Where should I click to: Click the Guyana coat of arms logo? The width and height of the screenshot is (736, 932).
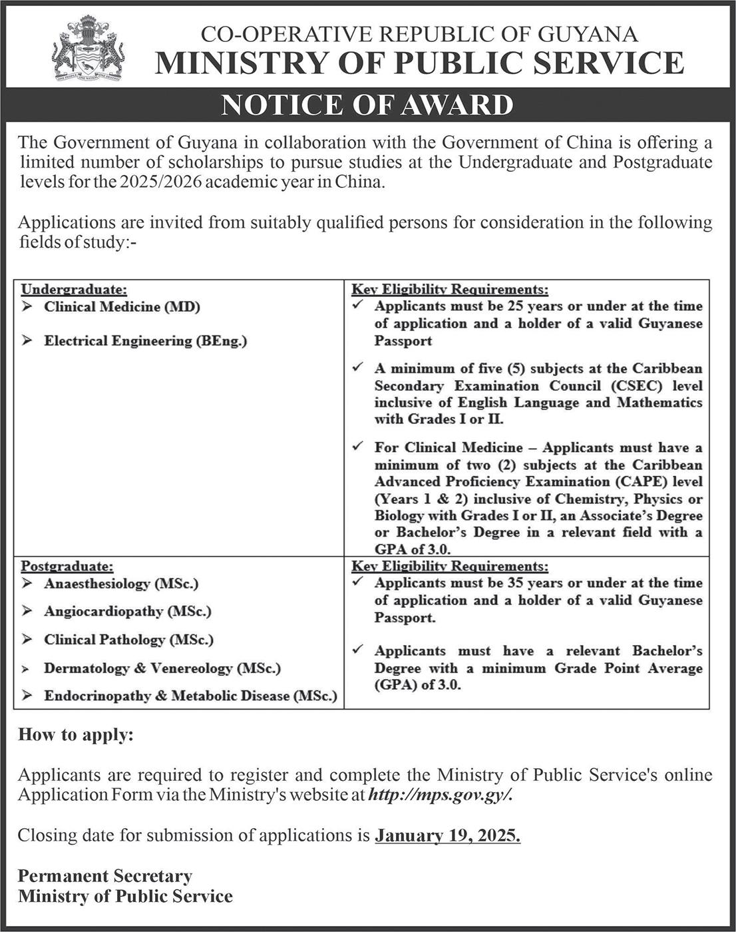[88, 50]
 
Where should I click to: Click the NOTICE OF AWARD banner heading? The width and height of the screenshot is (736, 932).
[367, 106]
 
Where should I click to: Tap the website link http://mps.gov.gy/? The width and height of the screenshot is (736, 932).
[441, 794]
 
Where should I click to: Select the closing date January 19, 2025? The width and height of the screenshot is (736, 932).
[447, 835]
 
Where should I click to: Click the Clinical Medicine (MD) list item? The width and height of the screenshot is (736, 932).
[122, 307]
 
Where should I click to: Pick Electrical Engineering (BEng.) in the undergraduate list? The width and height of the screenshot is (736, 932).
[145, 341]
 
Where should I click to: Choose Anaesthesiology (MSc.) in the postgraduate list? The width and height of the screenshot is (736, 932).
[121, 584]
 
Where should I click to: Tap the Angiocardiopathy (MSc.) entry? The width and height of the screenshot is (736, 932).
[127, 611]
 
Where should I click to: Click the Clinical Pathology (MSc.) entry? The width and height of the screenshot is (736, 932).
[128, 640]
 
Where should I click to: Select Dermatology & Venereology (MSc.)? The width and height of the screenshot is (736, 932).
[162, 668]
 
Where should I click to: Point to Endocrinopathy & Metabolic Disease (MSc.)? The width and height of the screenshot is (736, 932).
[190, 696]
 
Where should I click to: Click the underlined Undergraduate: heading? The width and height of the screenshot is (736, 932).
[74, 290]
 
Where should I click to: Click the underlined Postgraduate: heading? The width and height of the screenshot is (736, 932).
[67, 567]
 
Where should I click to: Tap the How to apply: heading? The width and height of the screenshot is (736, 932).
[76, 735]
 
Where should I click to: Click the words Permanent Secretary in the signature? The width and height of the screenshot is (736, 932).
[105, 875]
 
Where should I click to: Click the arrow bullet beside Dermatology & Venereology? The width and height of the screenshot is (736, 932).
[27, 668]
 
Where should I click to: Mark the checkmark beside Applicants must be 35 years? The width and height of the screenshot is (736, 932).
[358, 582]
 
